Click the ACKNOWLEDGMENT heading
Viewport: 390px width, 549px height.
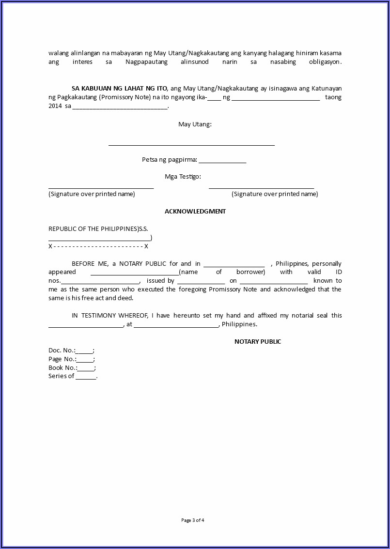195,211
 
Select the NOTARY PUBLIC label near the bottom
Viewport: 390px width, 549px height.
258,341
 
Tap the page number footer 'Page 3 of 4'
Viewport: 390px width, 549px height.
193,520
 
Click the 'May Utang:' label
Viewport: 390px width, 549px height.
195,124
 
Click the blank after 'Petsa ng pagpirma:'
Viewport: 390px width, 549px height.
222,161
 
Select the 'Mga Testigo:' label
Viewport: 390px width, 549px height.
183,176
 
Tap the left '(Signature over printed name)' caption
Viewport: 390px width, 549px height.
92,194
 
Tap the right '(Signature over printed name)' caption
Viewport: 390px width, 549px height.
275,194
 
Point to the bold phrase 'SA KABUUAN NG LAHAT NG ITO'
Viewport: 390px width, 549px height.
120,88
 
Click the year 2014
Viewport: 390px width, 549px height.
55,106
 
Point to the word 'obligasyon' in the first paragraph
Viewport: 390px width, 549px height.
324,62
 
